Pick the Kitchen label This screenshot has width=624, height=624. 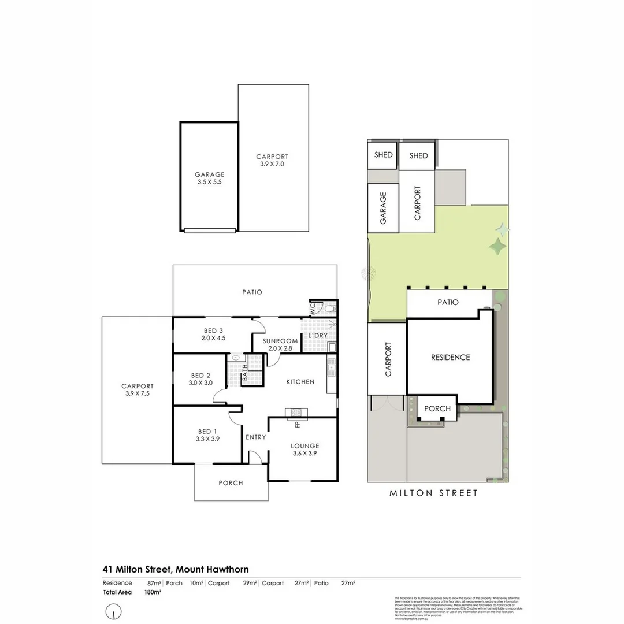click(300, 381)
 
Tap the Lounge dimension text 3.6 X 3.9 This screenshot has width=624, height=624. click(304, 453)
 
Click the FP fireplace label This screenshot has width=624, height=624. click(298, 425)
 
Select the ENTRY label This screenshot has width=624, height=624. click(255, 437)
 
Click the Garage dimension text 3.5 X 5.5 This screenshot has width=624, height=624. click(209, 181)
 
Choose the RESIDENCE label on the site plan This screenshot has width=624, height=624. click(451, 357)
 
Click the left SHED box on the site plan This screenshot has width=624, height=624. click(383, 155)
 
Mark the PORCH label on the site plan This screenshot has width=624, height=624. click(437, 408)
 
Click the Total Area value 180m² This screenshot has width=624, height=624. click(153, 592)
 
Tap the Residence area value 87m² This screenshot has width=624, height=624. click(154, 583)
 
